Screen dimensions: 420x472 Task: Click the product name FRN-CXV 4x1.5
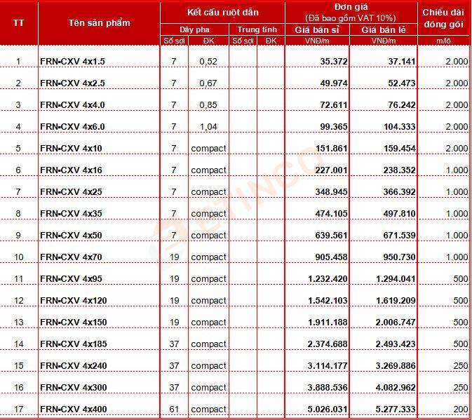tap(73, 62)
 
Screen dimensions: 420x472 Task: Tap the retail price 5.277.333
tap(392, 409)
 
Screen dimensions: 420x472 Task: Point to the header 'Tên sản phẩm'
tap(99, 23)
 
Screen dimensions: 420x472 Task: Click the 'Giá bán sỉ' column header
tap(321, 29)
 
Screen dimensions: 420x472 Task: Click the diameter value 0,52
tap(208, 62)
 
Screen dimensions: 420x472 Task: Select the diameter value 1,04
tap(208, 127)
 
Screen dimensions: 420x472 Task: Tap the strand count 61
tap(175, 409)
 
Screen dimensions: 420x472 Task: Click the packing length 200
tap(460, 409)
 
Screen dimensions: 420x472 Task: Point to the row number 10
tap(19, 257)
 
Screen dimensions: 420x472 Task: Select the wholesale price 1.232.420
tap(328, 279)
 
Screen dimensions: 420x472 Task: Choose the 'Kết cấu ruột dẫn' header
tap(222, 12)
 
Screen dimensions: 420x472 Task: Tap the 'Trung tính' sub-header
tap(257, 29)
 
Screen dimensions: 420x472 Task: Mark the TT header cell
tap(19, 23)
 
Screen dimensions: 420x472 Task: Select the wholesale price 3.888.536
tap(328, 388)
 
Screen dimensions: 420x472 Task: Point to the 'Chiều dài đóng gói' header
tap(445, 19)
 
